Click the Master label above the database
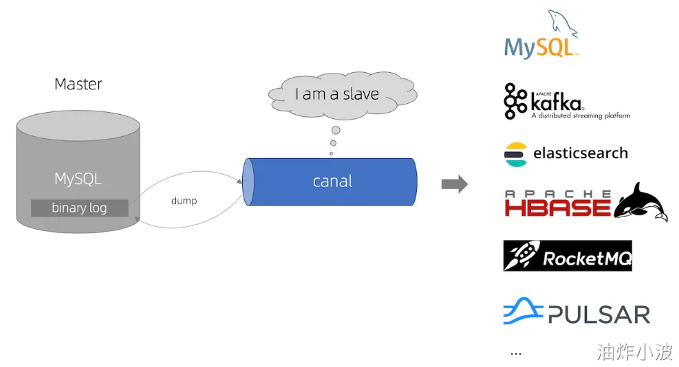click(78, 84)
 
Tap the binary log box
click(80, 208)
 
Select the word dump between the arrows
click(184, 201)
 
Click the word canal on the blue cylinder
click(332, 181)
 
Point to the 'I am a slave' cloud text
click(337, 94)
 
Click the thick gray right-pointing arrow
click(455, 184)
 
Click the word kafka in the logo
click(557, 103)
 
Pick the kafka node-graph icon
click(515, 101)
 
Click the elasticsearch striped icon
click(515, 155)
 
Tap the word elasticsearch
click(580, 153)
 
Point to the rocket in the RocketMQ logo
click(522, 255)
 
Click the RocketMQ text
click(588, 258)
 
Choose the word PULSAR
click(599, 314)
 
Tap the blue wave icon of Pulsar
click(523, 311)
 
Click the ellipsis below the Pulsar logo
click(516, 354)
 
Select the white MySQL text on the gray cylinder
click(78, 179)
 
